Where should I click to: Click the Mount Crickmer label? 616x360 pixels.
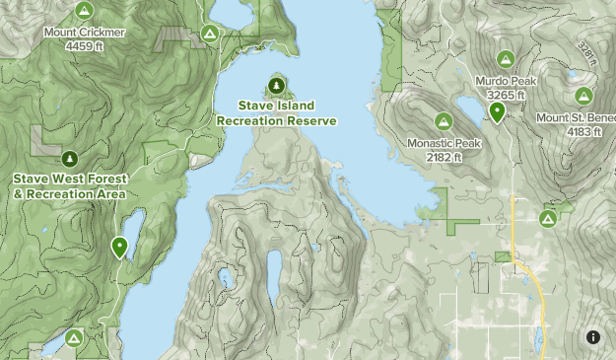tap(84, 32)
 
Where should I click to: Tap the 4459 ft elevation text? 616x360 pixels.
tap(84, 45)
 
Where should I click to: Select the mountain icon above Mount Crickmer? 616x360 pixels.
tap(84, 11)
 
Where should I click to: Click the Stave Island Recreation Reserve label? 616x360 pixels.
tap(276, 111)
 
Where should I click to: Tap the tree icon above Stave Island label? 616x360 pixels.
tap(276, 85)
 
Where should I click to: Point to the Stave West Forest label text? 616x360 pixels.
tap(69, 179)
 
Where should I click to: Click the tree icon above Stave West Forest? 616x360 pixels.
tap(69, 158)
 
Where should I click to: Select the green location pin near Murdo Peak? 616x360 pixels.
tap(498, 111)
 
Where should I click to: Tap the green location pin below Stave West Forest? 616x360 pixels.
tap(120, 247)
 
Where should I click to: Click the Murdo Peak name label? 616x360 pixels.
tap(507, 81)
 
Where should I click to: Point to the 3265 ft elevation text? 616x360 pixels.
tap(507, 95)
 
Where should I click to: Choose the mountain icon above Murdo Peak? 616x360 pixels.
tap(507, 59)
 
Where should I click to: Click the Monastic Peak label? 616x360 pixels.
tap(444, 143)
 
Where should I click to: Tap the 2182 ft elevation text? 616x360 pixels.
tap(444, 157)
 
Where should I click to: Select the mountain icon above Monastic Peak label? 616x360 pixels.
tap(444, 121)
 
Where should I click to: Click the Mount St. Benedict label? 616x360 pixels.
tap(576, 117)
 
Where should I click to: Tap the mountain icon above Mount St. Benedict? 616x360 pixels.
tap(583, 97)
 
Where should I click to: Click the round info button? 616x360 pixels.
tap(593, 337)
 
